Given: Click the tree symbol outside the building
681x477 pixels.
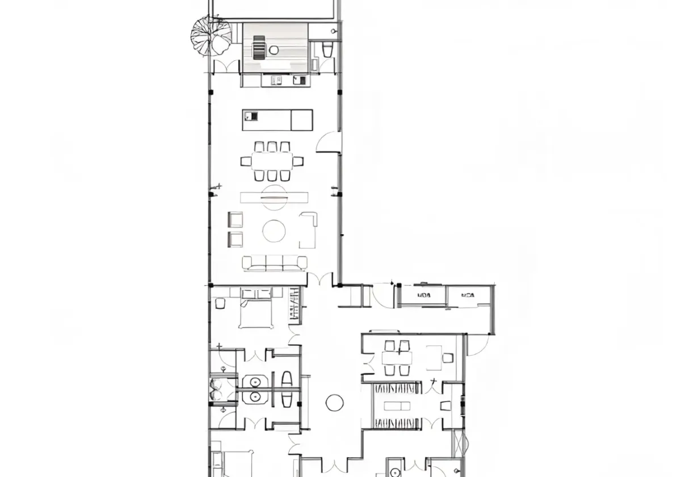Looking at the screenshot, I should coord(211,35).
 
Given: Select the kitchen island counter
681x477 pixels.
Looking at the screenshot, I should coord(277,120).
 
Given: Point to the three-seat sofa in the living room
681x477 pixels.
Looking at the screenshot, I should coord(275,262).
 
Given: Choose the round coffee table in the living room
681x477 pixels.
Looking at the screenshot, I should coord(274,231).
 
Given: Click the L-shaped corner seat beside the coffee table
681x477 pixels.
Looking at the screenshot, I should coord(308,229).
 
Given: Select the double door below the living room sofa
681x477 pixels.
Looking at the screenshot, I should coord(320,280).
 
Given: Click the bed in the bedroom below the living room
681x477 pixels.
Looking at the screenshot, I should coord(256,313).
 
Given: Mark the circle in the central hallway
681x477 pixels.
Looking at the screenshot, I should coord(335,403).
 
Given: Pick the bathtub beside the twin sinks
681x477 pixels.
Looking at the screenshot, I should coord(287,388).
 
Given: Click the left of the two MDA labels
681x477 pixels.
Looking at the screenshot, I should coord(423,295).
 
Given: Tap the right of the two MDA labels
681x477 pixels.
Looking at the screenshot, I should coord(468,295).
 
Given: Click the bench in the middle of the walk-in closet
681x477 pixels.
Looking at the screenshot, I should coord(397,405).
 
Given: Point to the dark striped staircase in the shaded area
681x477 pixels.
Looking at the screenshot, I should coord(259,47).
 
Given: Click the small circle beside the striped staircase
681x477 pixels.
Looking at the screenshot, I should coord(274,49).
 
